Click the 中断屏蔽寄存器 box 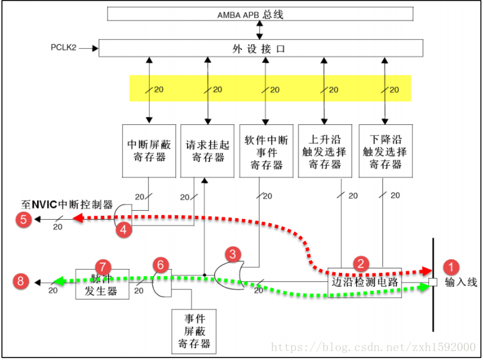pos(147,151)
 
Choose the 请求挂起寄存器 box pos(205,151)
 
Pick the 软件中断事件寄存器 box pos(264,151)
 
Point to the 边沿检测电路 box pos(364,281)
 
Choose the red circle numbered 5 pos(24,220)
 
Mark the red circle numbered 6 pos(162,265)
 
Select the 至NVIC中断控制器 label pos(67,205)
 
